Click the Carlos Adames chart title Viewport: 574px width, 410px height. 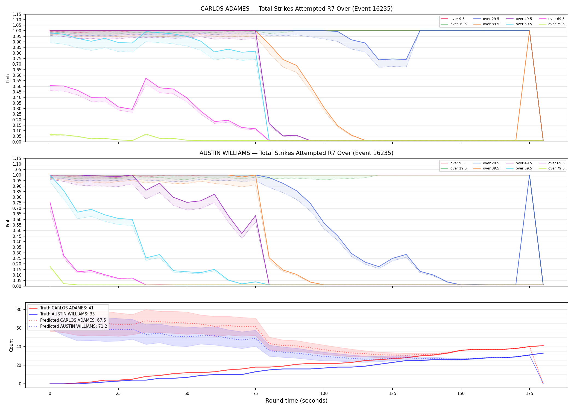(297, 9)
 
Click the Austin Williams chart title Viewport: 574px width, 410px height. (297, 153)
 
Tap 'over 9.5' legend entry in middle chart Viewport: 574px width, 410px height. (453, 163)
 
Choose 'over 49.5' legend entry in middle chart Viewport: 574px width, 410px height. (519, 163)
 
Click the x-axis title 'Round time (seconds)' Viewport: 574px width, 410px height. (296, 401)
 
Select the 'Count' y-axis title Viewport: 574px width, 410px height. (11, 345)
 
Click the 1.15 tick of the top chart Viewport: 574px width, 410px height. (17, 14)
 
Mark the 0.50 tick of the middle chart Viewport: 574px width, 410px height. (17, 230)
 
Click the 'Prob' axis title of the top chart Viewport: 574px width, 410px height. (8, 78)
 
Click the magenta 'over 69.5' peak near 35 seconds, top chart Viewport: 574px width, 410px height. (146, 78)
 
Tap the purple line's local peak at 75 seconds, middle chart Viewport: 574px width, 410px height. (255, 216)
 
